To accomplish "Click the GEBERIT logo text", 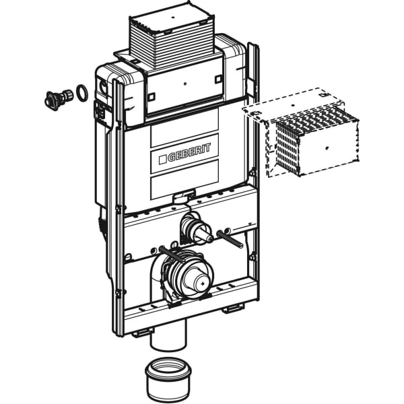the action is point(189,152).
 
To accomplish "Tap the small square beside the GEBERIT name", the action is point(162,159).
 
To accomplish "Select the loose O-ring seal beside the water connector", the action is point(81,93).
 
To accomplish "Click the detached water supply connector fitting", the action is point(59,99).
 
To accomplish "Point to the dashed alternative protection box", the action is point(301,133).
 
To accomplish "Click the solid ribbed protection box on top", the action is point(171,37).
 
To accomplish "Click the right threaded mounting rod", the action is point(230,239).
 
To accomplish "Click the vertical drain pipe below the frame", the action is point(168,336).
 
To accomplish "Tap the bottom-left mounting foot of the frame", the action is point(141,333).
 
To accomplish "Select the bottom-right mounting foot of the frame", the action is point(233,308).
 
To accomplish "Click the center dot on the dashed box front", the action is point(327,148).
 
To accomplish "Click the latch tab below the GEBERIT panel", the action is point(184,196).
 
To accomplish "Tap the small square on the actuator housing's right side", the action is point(218,79).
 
